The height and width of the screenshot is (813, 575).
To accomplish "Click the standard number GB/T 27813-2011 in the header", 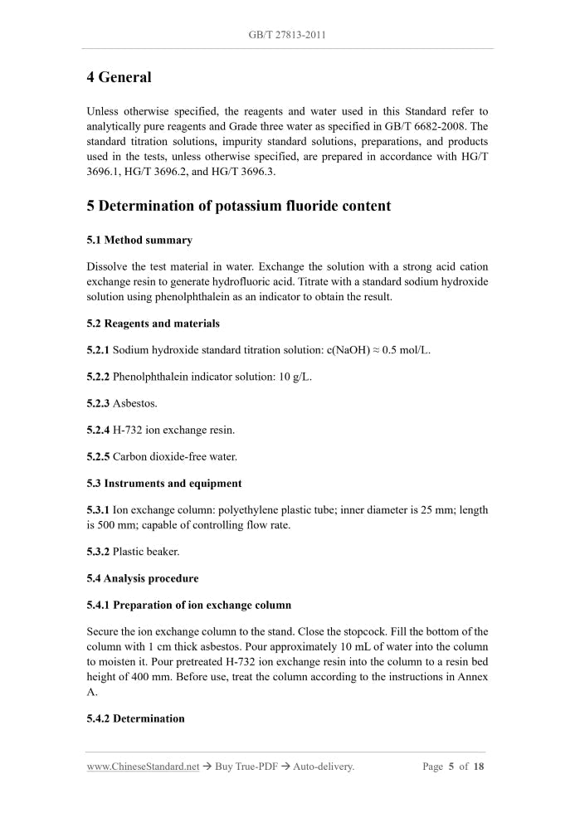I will coord(287,35).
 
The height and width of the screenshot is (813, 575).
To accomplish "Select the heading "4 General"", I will coord(119,77).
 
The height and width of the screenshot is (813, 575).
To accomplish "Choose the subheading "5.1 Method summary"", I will coord(139,240).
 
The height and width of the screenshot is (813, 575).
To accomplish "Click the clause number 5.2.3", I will coord(98,403).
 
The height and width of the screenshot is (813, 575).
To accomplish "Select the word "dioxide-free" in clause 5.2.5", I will coord(182,456).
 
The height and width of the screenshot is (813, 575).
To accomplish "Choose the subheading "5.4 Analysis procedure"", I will coord(143,578).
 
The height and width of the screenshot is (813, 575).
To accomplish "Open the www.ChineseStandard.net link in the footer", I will coord(143,767).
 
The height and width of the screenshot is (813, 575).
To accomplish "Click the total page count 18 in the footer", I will coord(479,767).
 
